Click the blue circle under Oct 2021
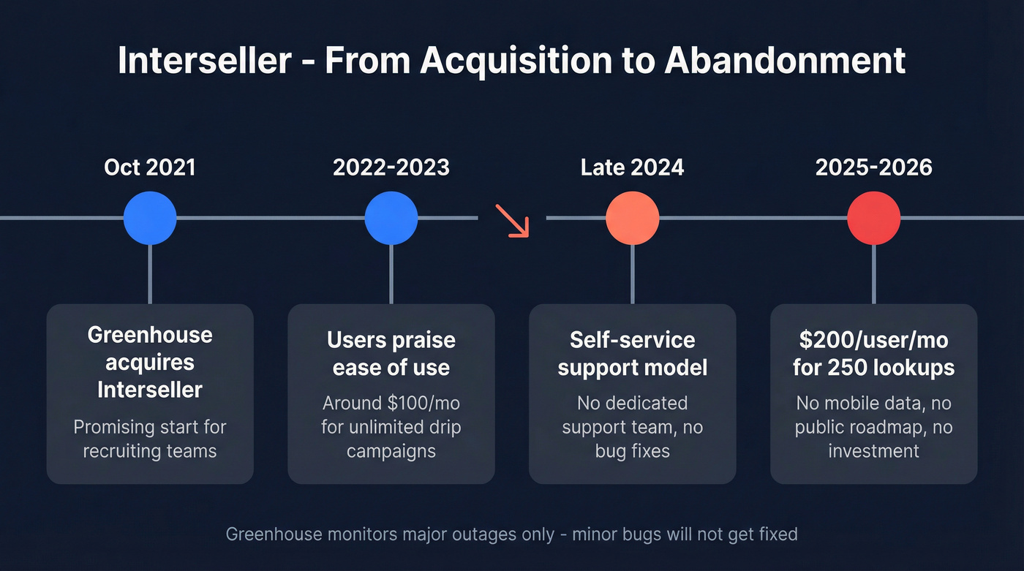[x=150, y=218]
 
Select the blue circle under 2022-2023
[x=391, y=218]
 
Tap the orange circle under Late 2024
[x=633, y=218]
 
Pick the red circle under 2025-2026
[x=874, y=218]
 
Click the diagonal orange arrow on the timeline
[x=512, y=220]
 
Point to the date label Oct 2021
[x=150, y=167]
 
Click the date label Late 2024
[x=633, y=167]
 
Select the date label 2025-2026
[x=874, y=167]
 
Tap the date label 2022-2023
[x=391, y=167]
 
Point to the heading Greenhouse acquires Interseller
[x=150, y=362]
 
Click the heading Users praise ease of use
[x=391, y=353]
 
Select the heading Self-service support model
[x=633, y=353]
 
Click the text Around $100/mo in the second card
[x=391, y=403]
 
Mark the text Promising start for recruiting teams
[x=150, y=439]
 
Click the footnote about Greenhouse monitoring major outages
[x=511, y=534]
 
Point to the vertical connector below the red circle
[x=874, y=274]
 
